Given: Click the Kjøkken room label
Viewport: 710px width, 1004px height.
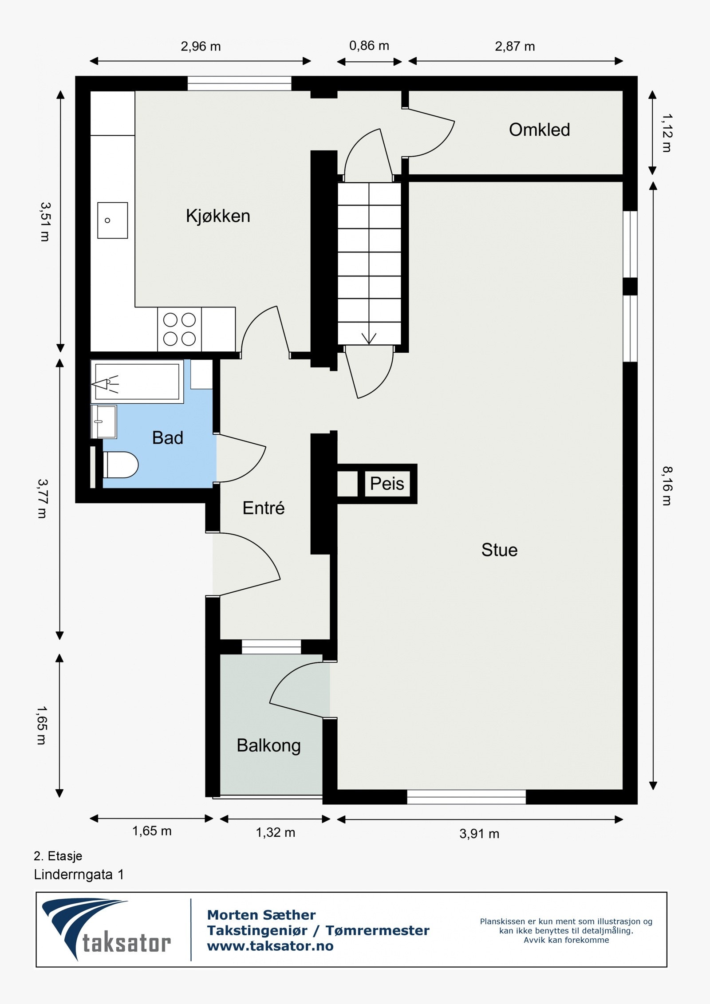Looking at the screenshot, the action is coord(218,216).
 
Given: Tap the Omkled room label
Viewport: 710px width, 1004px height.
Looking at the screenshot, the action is coord(539,130).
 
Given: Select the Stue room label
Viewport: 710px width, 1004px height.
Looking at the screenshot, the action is coord(499,550).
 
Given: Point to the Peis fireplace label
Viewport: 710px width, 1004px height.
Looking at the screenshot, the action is coord(387,484).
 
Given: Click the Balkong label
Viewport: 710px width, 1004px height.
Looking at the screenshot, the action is coord(268,745).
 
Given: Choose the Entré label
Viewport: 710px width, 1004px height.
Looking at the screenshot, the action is coord(263,508).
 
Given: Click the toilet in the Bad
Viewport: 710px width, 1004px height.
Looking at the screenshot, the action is coord(120,465).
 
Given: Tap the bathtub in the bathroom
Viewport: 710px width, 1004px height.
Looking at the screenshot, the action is coord(137,382).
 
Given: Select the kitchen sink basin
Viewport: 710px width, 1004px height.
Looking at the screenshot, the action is coord(113,220).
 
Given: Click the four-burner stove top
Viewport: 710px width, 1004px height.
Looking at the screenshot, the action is coord(179,329).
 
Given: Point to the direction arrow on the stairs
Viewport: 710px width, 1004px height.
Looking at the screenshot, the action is coord(369,338).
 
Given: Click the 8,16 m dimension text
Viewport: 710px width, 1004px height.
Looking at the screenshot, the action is coord(667,486).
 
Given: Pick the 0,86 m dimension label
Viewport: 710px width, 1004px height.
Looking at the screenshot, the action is coord(369,46).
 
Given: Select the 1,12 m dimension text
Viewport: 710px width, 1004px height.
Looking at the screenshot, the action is coord(667,133).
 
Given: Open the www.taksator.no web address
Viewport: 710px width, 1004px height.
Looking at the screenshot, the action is coord(270,946).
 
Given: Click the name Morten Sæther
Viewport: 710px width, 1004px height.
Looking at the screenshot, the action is coord(261,915).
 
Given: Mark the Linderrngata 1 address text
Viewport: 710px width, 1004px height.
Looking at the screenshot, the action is coord(79,874).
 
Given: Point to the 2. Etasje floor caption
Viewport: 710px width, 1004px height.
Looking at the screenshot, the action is coord(58,856).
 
